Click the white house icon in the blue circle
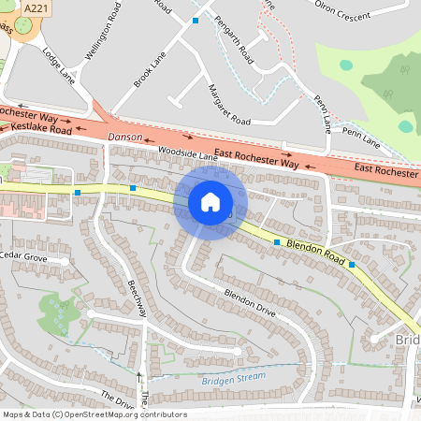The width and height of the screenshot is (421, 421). click(x=210, y=202)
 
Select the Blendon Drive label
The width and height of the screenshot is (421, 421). click(x=249, y=303)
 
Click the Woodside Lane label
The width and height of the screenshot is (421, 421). click(x=187, y=152)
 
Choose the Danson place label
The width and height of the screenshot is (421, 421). click(x=125, y=137)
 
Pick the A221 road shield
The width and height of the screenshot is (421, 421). click(x=35, y=7)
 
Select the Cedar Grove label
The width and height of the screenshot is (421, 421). click(x=23, y=255)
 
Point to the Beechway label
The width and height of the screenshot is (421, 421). click(x=137, y=298)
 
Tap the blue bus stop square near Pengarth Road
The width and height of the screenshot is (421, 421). click(x=196, y=20)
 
